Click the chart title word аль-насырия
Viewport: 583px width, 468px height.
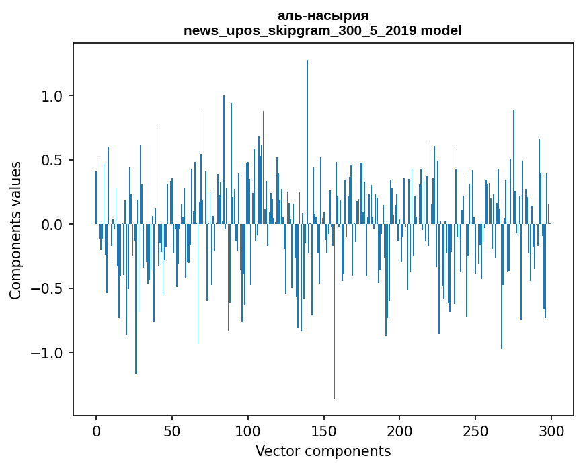coord(323,15)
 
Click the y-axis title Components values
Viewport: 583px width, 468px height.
coord(15,230)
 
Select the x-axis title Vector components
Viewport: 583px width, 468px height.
coord(323,451)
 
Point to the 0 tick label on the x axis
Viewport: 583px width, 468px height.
coord(96,430)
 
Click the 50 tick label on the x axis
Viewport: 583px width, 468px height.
coord(172,430)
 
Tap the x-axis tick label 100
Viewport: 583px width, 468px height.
coord(248,430)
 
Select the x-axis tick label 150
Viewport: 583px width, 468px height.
coord(323,430)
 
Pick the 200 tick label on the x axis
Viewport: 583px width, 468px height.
coord(399,430)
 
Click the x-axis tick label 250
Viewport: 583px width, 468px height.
coord(475,430)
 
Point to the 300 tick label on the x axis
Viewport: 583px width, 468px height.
coord(551,430)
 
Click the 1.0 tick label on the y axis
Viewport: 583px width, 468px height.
coord(52,96)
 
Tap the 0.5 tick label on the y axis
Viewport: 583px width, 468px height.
coord(52,160)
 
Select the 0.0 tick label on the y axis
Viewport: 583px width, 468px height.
coord(52,225)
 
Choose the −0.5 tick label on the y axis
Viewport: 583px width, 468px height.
coord(48,288)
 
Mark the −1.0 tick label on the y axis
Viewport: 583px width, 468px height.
coord(48,353)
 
